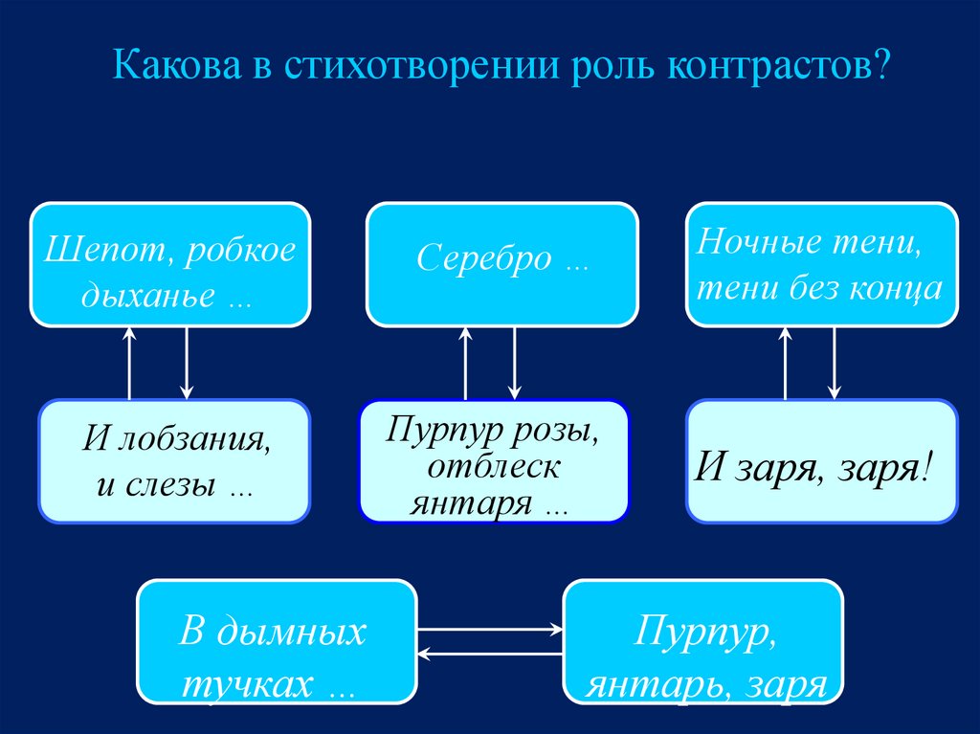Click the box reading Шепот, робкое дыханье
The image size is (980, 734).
tap(170, 264)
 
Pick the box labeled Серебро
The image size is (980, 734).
tap(502, 264)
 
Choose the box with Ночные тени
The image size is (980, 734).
tap(822, 264)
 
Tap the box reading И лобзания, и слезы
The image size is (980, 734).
tap(174, 461)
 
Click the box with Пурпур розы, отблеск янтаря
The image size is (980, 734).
tap(494, 461)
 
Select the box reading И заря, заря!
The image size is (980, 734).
tap(822, 461)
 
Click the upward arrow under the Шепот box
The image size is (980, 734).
tap(130, 363)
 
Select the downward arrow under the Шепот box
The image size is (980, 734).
tap(187, 363)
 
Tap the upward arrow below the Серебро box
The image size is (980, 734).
tap(466, 363)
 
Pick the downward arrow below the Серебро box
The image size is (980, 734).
tap(516, 363)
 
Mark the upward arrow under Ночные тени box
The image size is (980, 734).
tap(786, 363)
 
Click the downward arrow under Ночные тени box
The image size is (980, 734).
tap(835, 363)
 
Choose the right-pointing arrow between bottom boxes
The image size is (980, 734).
tap(490, 629)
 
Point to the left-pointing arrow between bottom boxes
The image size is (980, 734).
tap(490, 655)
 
